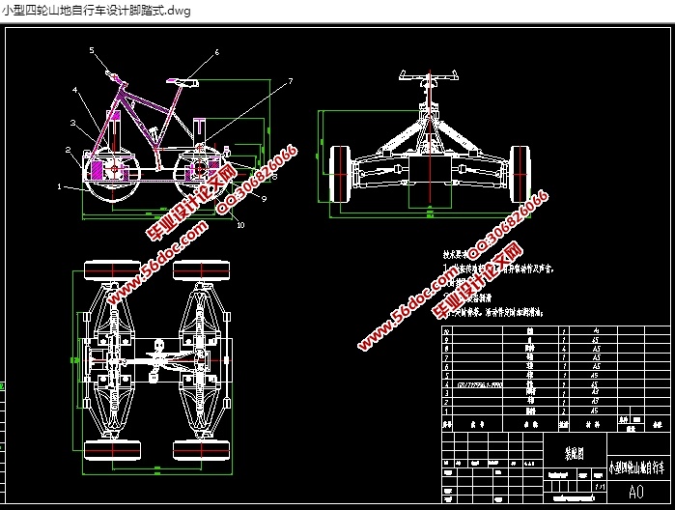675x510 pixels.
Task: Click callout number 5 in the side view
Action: [x=93, y=49]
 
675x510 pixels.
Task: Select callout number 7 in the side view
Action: [x=289, y=82]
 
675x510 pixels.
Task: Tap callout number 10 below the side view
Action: [x=241, y=225]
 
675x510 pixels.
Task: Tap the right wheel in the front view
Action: [x=520, y=174]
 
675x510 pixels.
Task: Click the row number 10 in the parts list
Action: [x=446, y=329]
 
